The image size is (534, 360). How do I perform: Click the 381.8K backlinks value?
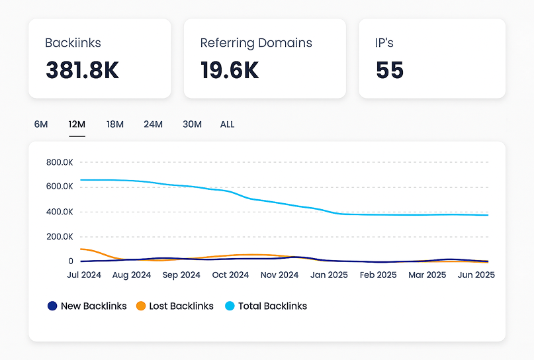click(x=82, y=71)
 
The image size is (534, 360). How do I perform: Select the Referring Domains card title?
click(x=256, y=43)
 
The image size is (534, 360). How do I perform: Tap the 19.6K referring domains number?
click(x=230, y=71)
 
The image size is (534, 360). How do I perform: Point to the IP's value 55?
click(x=390, y=71)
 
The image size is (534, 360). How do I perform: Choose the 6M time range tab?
click(x=41, y=124)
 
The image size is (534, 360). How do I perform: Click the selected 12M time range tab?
click(x=77, y=124)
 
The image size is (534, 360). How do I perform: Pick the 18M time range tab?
click(x=115, y=124)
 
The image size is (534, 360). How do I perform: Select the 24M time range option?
click(x=153, y=124)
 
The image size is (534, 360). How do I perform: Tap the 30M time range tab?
click(x=192, y=124)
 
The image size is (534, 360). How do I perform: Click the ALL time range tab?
click(x=227, y=124)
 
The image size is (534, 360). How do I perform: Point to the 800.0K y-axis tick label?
click(x=60, y=162)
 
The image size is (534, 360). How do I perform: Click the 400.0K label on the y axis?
click(x=60, y=212)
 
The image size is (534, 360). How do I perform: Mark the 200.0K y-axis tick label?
click(x=60, y=236)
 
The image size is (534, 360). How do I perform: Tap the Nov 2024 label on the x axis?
click(x=279, y=275)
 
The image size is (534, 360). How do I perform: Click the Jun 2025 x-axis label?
click(x=476, y=275)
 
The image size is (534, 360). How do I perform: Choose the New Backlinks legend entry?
click(x=87, y=306)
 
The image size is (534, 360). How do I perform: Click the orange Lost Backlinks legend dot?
click(x=140, y=306)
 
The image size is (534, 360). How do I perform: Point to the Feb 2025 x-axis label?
click(x=377, y=275)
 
